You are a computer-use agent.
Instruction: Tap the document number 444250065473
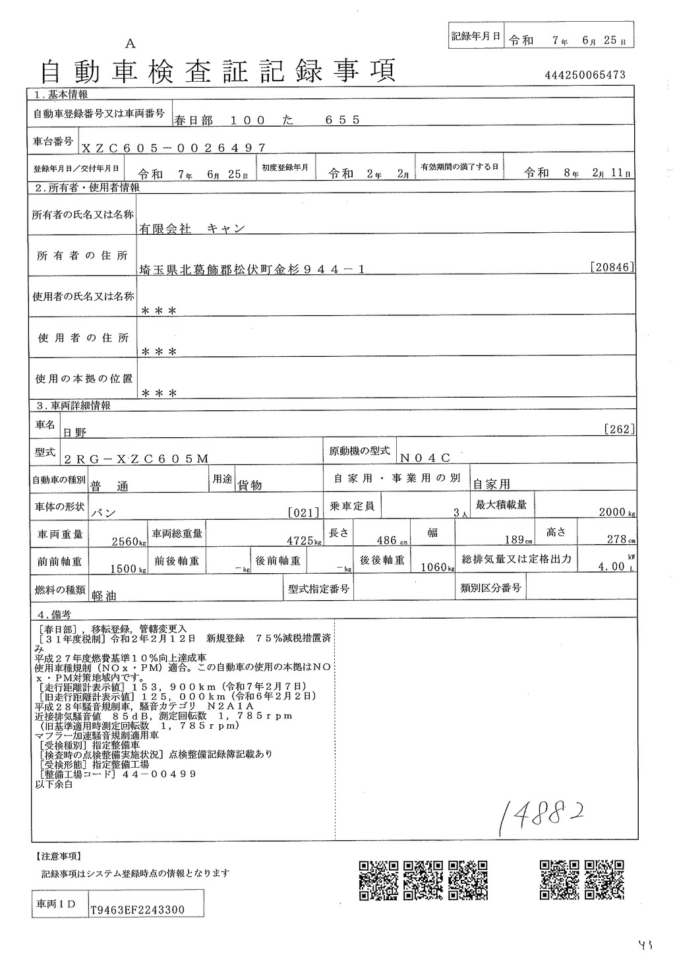point(585,76)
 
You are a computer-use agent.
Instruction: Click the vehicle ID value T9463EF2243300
point(138,910)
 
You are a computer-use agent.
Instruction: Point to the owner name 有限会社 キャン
point(192,228)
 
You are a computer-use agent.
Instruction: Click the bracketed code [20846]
point(613,267)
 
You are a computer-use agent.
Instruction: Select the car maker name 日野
point(74,432)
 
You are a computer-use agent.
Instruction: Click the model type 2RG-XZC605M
point(136,458)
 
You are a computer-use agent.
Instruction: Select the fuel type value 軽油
point(103,594)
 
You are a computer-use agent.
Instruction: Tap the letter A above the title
point(130,44)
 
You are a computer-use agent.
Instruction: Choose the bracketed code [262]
point(619,429)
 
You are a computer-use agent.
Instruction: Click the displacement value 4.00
point(611,566)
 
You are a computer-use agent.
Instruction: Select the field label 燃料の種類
point(60,590)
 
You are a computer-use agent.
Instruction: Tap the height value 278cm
point(620,539)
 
